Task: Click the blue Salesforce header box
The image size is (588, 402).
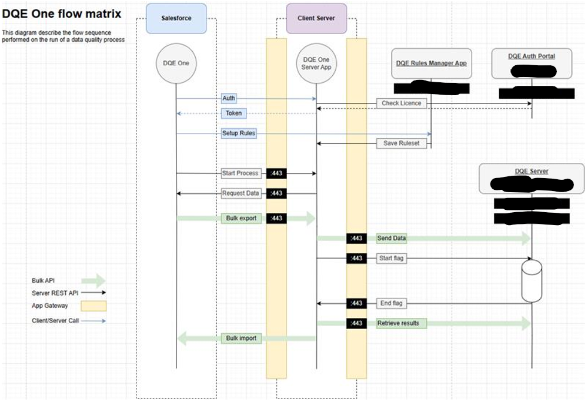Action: (176, 18)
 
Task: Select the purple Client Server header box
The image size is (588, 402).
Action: (316, 18)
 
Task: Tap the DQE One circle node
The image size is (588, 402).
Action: (176, 63)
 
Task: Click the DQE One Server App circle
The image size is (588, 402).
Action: (316, 63)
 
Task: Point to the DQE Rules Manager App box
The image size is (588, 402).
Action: (432, 63)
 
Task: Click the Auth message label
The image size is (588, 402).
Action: (229, 98)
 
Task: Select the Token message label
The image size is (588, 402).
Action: (233, 113)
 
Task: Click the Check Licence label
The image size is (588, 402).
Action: (402, 103)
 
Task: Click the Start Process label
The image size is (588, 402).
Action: (240, 173)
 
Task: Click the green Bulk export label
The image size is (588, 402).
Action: (241, 218)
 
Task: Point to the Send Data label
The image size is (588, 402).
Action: (392, 238)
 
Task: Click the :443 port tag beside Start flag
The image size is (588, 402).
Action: (356, 258)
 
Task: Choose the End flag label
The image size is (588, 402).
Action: (392, 303)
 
